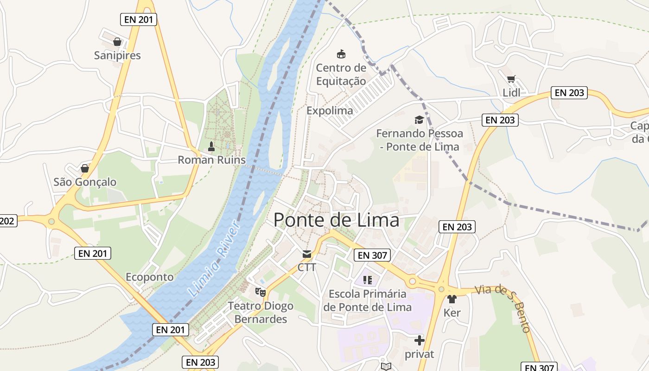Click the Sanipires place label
pyautogui.click(x=117, y=56)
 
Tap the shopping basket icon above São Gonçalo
pyautogui.click(x=84, y=168)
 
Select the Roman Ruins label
pyautogui.click(x=212, y=160)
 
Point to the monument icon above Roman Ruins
pyautogui.click(x=211, y=147)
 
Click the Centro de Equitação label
pyautogui.click(x=341, y=75)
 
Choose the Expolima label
pyautogui.click(x=330, y=111)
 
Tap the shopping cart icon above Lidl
pyautogui.click(x=511, y=79)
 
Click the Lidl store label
pyautogui.click(x=511, y=93)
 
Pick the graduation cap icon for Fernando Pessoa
pyautogui.click(x=419, y=120)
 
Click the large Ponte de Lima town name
pyautogui.click(x=336, y=220)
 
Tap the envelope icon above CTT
pyautogui.click(x=307, y=254)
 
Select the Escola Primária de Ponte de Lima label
pyautogui.click(x=367, y=301)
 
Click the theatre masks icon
pyautogui.click(x=261, y=292)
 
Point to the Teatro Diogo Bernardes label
pyautogui.click(x=261, y=313)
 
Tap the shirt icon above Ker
pyautogui.click(x=452, y=299)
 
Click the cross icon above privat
pyautogui.click(x=420, y=341)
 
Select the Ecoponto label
pyautogui.click(x=150, y=277)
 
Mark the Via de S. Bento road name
pyautogui.click(x=503, y=306)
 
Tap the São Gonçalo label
pyautogui.click(x=85, y=182)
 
